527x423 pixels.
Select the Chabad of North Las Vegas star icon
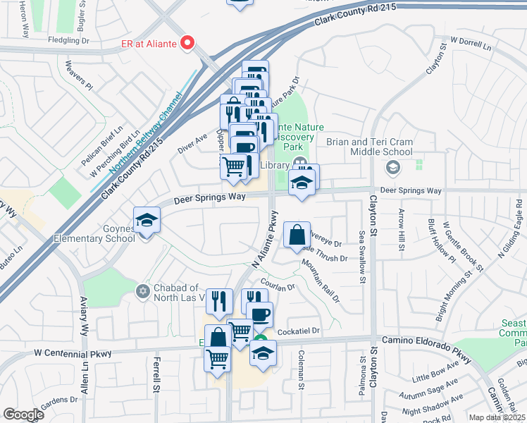tap(144, 291)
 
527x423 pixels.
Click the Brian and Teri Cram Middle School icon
tap(392, 168)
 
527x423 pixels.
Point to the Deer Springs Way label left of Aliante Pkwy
tap(209, 197)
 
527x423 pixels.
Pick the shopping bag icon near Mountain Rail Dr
tap(297, 235)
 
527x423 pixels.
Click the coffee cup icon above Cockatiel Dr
tap(259, 314)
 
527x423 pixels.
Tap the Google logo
tap(23, 415)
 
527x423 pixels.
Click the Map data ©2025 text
tap(497, 417)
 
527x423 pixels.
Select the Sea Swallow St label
tap(361, 258)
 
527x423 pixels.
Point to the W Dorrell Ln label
tap(471, 43)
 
